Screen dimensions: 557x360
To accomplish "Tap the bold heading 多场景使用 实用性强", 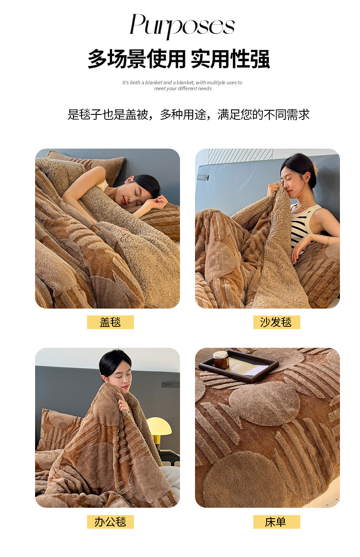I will point(179,59).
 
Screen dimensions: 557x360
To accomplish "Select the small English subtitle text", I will point(182,85).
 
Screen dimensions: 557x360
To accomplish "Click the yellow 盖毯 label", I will point(110,322).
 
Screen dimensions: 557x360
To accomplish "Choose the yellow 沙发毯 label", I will point(277,322).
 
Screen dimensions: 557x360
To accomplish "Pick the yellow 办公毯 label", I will point(110,522).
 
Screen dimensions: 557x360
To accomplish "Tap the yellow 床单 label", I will point(277,522).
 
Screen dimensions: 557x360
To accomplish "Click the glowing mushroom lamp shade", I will point(159,426).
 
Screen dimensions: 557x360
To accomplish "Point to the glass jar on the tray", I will point(221,360).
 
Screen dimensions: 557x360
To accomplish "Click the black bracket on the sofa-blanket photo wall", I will point(203,177).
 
